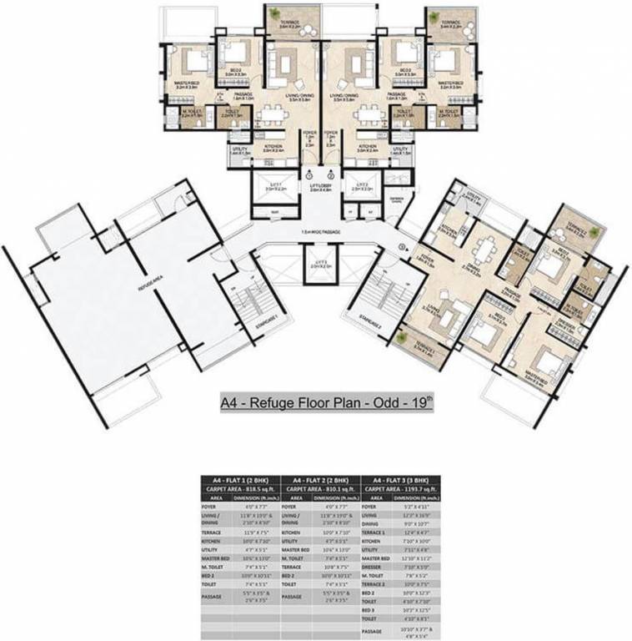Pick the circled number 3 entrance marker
coord(401,247)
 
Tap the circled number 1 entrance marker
coord(309,176)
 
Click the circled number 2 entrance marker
coord(331,176)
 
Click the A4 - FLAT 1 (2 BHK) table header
coord(240,479)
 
